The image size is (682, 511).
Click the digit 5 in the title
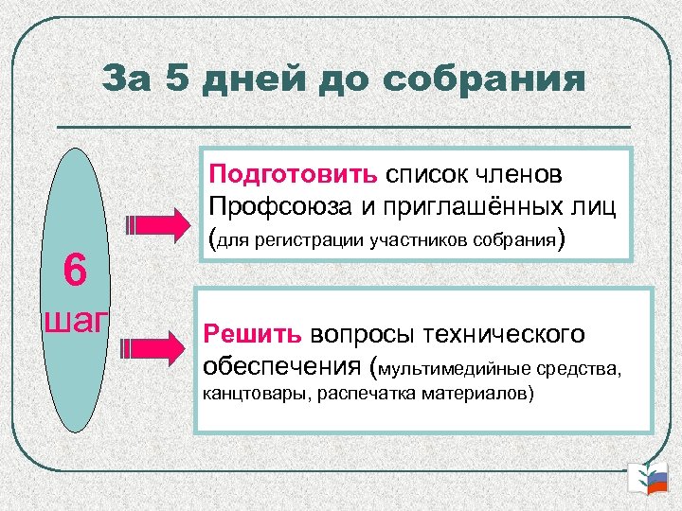(x=176, y=79)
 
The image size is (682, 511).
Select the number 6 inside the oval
(x=76, y=272)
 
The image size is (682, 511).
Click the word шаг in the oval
(x=77, y=320)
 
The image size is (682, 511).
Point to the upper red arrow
(x=160, y=225)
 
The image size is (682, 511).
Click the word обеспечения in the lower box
(x=284, y=365)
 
